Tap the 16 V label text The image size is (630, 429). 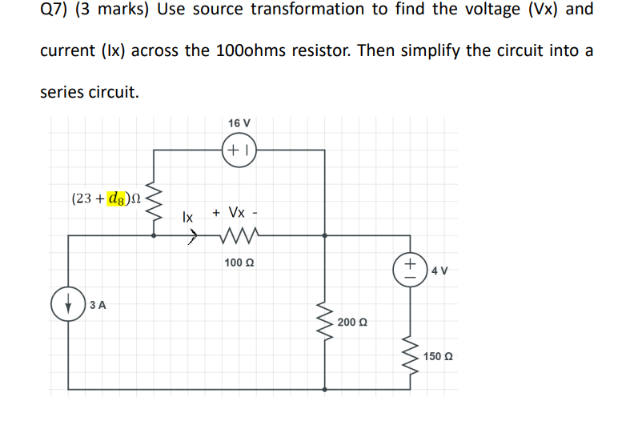(239, 123)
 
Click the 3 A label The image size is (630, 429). (98, 304)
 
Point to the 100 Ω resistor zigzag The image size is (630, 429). (239, 236)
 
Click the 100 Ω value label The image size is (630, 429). (239, 263)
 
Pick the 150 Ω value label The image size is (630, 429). (440, 355)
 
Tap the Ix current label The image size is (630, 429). (187, 216)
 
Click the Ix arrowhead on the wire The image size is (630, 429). (192, 236)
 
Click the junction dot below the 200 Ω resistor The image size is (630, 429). (324, 390)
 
